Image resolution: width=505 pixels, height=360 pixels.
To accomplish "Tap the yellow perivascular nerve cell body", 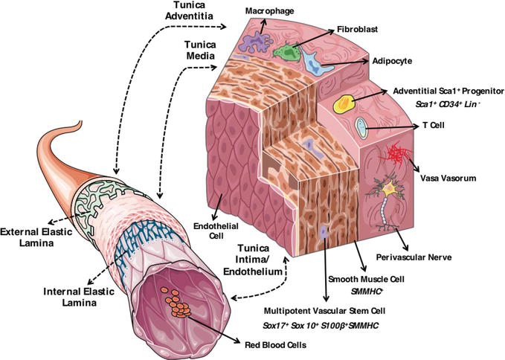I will [x=390, y=192].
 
